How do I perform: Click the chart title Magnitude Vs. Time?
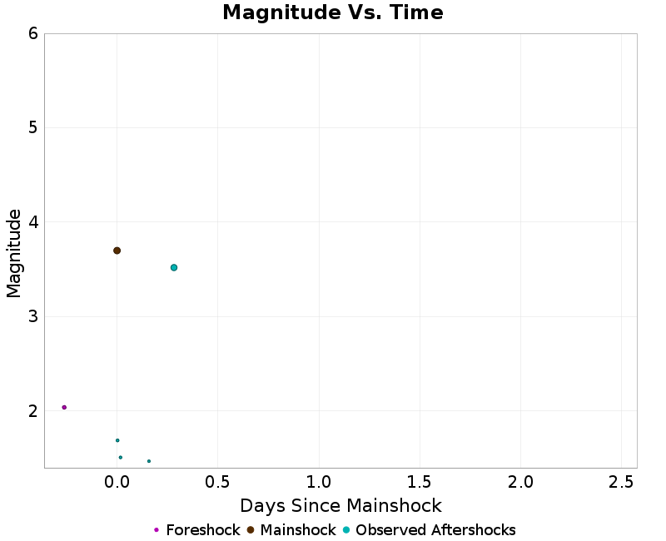coord(333,13)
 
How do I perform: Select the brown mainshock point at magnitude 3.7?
coord(117,251)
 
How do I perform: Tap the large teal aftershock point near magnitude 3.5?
coord(174,268)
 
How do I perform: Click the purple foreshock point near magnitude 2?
coord(64,407)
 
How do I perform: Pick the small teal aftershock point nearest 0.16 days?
coord(149,461)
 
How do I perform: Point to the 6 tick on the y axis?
coord(32,33)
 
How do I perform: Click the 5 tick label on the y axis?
coord(32,128)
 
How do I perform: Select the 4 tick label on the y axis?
coord(32,222)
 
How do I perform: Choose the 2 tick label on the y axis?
coord(32,411)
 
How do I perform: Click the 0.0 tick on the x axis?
coord(117,482)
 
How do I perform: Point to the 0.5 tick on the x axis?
coord(218,482)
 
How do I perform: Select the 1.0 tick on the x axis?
coord(319,482)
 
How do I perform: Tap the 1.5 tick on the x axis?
coord(420,482)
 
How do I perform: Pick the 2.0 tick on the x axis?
coord(521,482)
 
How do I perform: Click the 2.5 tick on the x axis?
coord(622,482)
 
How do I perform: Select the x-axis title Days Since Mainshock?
coord(340,506)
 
